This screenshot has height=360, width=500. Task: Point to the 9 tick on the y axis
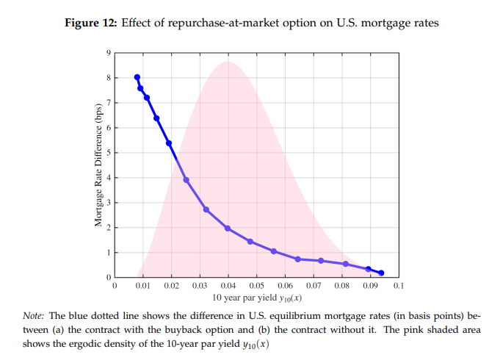[x=109, y=52]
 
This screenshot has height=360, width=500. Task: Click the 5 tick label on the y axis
[x=109, y=153]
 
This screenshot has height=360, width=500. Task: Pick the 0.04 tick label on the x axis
[x=228, y=284]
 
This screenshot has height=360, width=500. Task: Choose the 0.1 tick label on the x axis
[x=398, y=284]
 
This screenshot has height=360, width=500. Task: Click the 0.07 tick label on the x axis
[x=313, y=284]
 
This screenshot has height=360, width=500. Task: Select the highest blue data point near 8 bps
[x=137, y=77]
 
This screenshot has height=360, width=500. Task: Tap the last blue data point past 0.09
[x=381, y=273]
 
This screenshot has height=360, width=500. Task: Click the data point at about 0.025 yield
[x=186, y=179]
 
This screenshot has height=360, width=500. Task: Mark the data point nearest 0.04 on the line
[x=228, y=228]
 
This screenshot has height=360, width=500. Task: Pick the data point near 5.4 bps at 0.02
[x=169, y=143]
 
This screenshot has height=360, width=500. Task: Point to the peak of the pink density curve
[x=228, y=62]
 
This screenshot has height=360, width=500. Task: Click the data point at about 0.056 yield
[x=273, y=251]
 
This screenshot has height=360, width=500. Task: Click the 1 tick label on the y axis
[x=109, y=253]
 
